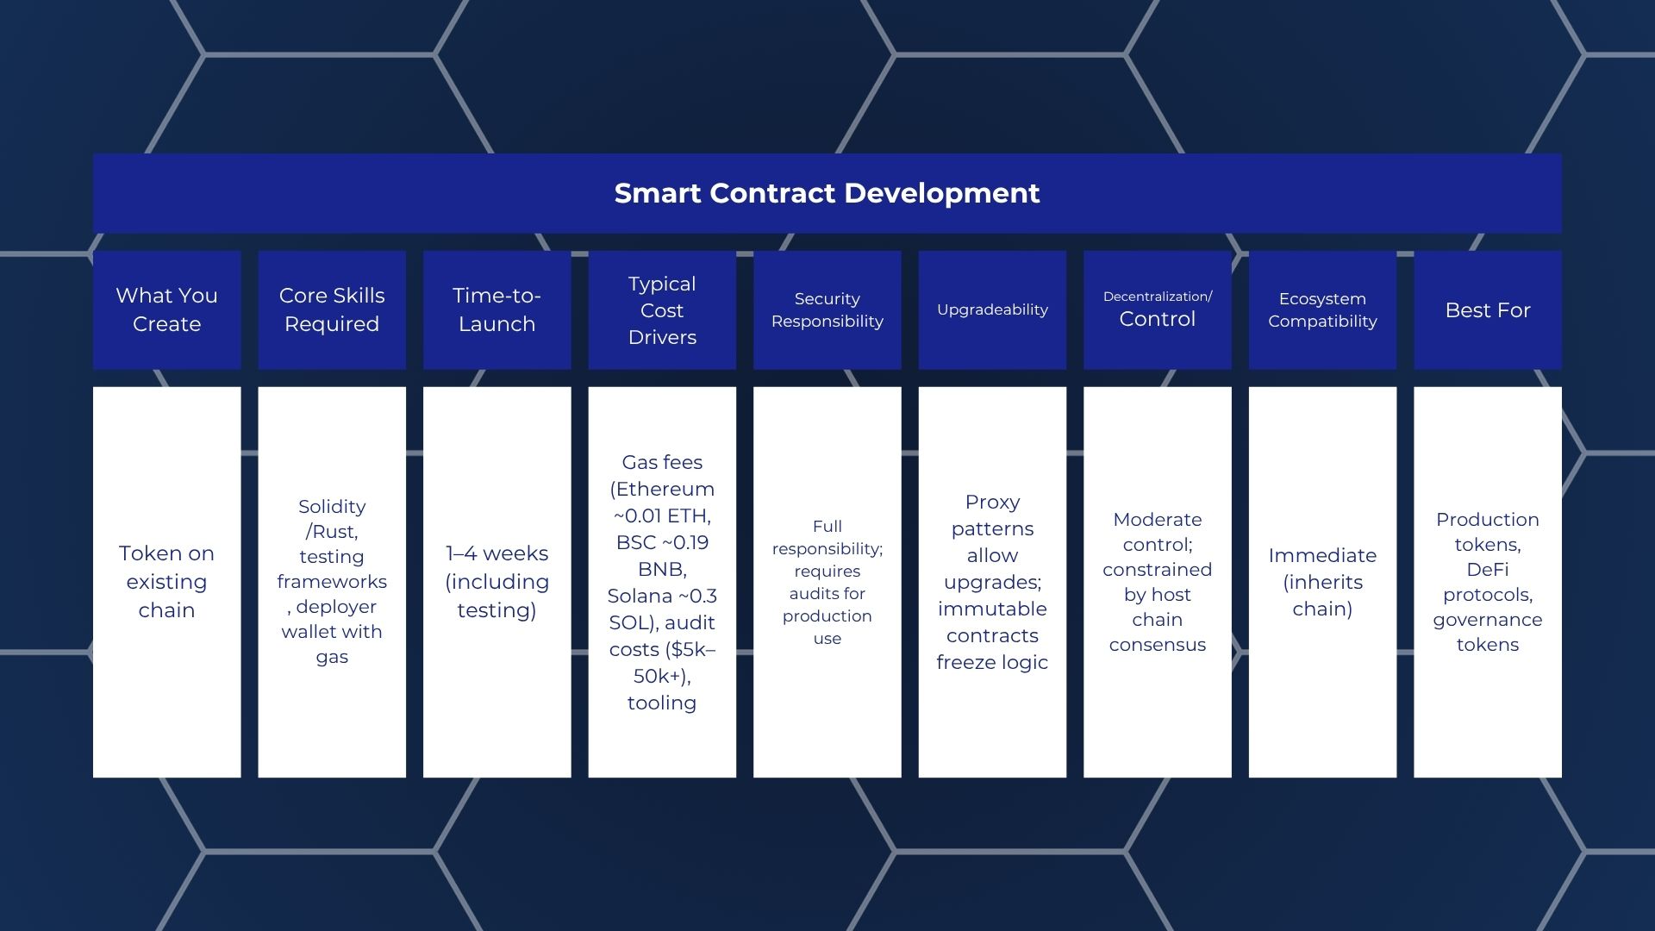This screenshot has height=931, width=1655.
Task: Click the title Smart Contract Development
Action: [x=827, y=193]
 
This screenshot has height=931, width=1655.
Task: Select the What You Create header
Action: [x=166, y=309]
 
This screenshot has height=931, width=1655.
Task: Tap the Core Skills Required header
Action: [x=332, y=309]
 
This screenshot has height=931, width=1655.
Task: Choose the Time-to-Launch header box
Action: [x=496, y=309]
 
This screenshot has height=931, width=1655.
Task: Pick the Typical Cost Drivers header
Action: [x=662, y=309]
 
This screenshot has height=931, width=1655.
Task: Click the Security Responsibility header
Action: [x=827, y=309]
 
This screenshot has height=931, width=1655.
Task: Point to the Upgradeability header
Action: [x=992, y=309]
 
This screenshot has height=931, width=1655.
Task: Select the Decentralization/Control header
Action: [x=1157, y=309]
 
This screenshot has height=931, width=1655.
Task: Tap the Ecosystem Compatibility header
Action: [x=1322, y=309]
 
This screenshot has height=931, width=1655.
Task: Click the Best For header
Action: [x=1488, y=309]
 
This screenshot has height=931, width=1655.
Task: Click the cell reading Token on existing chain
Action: [x=166, y=582]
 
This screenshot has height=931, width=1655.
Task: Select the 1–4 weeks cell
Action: [x=496, y=582]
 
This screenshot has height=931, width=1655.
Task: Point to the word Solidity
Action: [x=332, y=507]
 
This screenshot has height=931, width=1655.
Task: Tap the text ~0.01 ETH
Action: [x=662, y=516]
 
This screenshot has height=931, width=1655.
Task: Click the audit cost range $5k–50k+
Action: [x=662, y=663]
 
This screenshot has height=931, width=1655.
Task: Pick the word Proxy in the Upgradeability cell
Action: [x=992, y=502]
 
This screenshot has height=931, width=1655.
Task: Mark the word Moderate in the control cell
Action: [x=1157, y=520]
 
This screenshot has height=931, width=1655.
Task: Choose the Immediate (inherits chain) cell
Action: [x=1322, y=582]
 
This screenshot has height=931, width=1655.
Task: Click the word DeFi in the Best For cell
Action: [x=1488, y=570]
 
